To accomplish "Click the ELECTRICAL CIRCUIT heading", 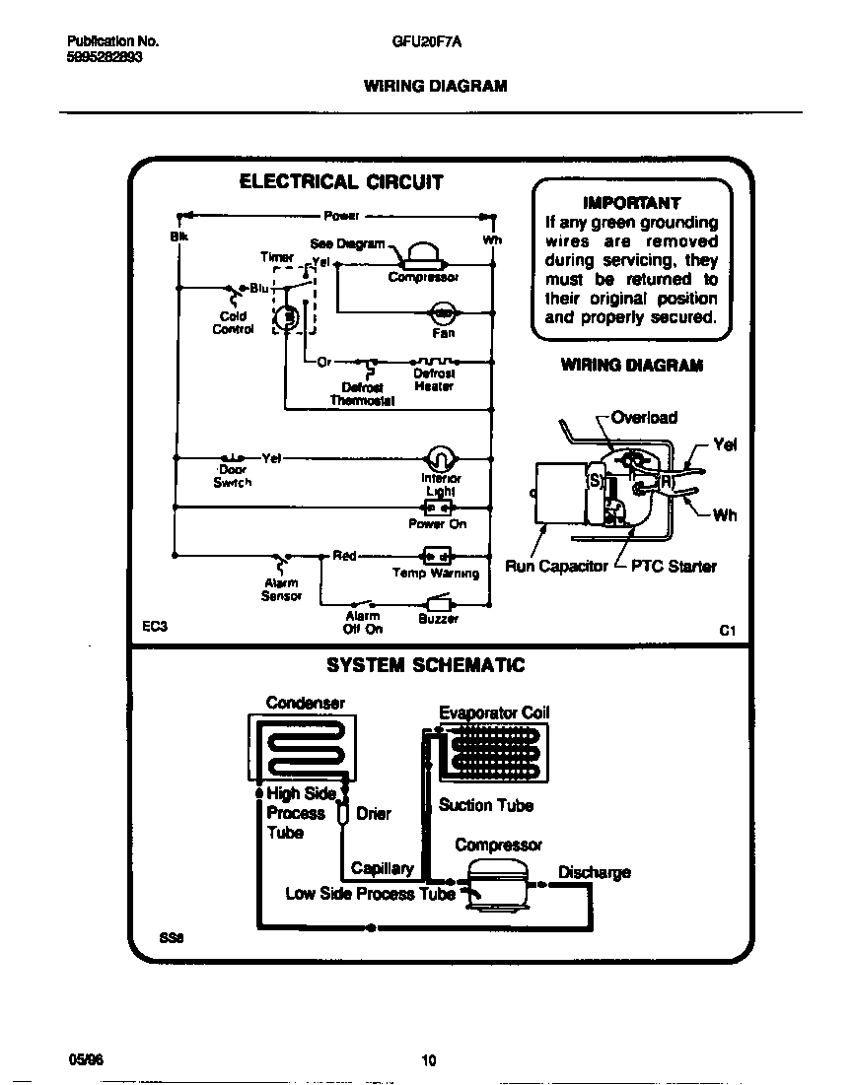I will [342, 182].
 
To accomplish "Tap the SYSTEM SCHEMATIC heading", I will [426, 665].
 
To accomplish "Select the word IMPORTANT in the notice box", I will [631, 203].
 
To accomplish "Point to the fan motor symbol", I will [443, 313].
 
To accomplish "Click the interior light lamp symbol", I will [440, 459].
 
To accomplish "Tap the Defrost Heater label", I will [434, 380].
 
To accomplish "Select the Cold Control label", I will [233, 323].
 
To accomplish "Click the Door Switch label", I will [233, 477].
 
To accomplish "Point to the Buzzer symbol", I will [437, 603].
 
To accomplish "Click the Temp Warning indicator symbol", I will [436, 555].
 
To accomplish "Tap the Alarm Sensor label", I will [280, 589].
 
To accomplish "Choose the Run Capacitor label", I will [556, 567].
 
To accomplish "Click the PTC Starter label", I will [673, 567].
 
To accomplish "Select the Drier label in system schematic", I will [374, 814].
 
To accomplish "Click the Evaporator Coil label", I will [494, 712].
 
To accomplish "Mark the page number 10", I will [428, 1060].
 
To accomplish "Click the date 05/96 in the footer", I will [85, 1059].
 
